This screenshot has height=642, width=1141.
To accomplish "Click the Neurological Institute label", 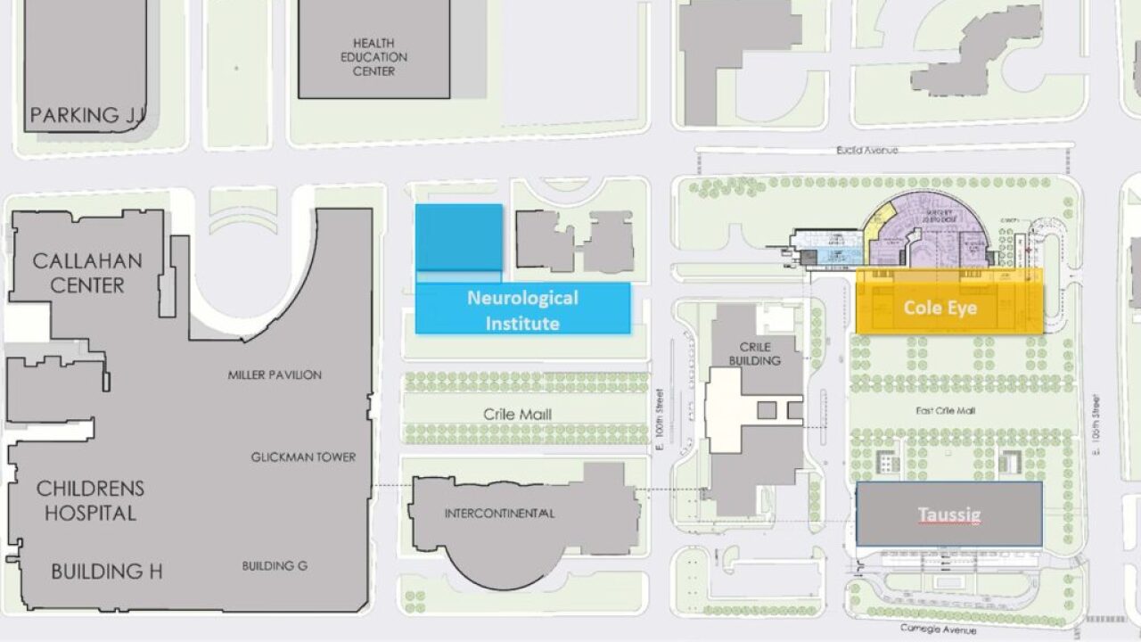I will [x=522, y=309].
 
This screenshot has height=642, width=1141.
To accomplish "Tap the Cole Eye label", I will [x=940, y=308].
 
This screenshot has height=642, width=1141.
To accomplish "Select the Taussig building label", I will [x=948, y=514].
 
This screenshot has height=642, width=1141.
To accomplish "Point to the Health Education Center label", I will [x=373, y=57].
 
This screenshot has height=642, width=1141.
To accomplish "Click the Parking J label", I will [x=86, y=115].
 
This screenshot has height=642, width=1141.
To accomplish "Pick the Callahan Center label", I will [x=87, y=273].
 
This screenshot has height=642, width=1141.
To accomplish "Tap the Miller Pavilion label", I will [x=275, y=375].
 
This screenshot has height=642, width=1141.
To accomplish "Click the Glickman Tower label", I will [x=303, y=457].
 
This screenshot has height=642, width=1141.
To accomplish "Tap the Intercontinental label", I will [x=499, y=514].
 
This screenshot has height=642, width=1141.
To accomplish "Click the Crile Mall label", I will [x=518, y=415].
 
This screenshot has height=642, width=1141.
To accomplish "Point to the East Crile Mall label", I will [x=946, y=411].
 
